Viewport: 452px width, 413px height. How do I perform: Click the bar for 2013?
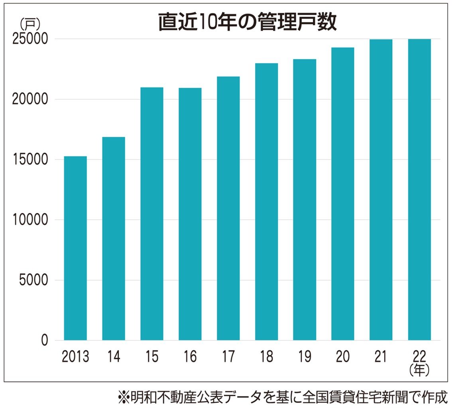point(75,248)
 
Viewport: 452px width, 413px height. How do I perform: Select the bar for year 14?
point(114,238)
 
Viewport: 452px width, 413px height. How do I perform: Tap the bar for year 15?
point(152,214)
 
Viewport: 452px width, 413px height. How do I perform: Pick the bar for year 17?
point(228,208)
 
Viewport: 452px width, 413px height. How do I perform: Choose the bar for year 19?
point(305,199)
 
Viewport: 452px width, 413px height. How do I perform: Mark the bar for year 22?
point(419,189)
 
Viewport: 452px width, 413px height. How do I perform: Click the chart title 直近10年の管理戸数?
point(247,23)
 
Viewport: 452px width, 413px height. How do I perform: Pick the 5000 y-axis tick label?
point(33,280)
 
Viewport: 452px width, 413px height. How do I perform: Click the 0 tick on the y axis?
point(44,340)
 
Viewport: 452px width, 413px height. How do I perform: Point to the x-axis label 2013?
point(75,357)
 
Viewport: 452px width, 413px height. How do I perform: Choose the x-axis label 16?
point(190,357)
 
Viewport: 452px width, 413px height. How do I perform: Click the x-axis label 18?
point(266,357)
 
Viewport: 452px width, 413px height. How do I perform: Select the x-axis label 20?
point(343,357)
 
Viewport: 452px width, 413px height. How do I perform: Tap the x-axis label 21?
point(381,357)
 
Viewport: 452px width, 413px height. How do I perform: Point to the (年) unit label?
point(419,371)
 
